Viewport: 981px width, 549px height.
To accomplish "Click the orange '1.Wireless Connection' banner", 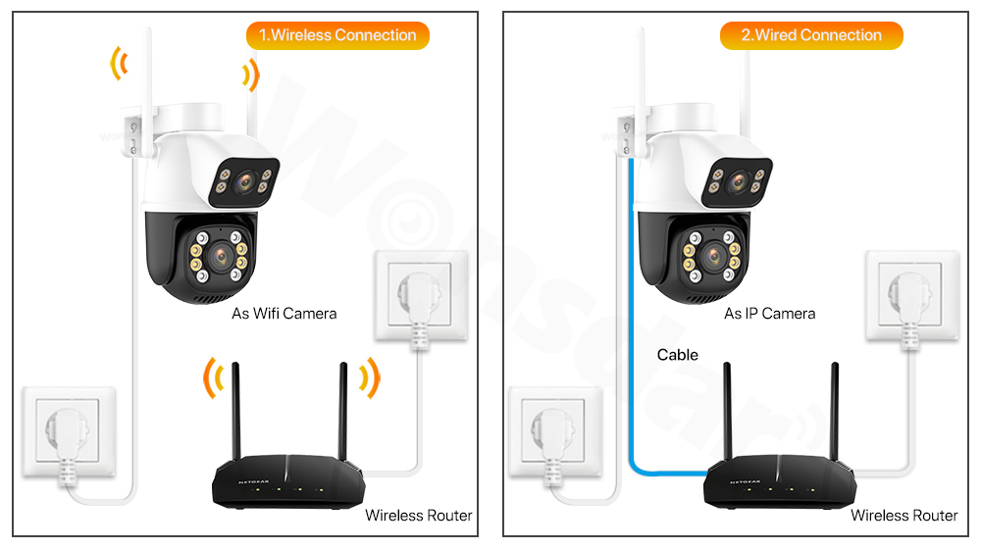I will point(337,35).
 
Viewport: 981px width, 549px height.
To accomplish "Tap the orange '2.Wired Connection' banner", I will point(811,35).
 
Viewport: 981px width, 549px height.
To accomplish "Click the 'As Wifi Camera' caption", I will point(284,314).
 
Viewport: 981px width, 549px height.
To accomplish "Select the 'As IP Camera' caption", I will point(769,314).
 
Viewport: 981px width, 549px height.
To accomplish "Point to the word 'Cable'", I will point(678,355).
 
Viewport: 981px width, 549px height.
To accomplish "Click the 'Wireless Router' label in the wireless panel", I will point(418,516).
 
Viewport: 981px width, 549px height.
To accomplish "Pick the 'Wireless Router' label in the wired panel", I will point(904,516).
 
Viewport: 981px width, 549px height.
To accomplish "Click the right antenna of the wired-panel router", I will point(835,412).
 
